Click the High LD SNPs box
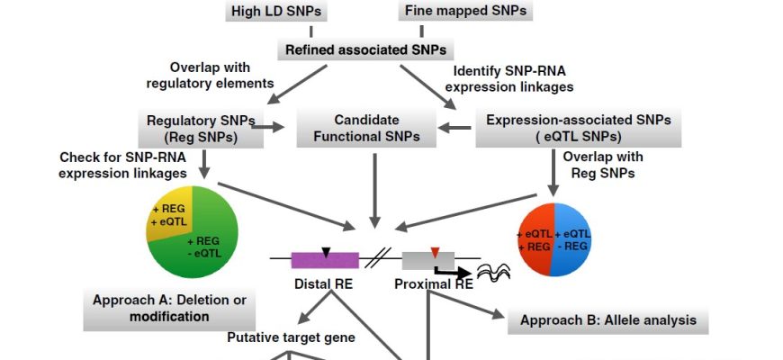[x=277, y=12]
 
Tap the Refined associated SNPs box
[x=367, y=50]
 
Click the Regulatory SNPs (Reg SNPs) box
[x=200, y=129]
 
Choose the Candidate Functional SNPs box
[x=366, y=129]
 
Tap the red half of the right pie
[x=537, y=238]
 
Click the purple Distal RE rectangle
[x=325, y=260]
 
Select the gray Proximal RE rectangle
[x=423, y=260]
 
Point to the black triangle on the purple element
[x=326, y=253]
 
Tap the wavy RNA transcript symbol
[x=494, y=269]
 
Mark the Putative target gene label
[x=291, y=338]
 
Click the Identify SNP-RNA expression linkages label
[x=513, y=78]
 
